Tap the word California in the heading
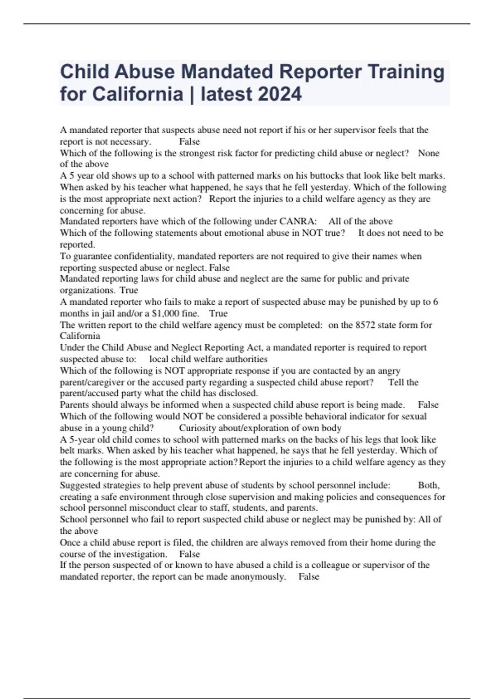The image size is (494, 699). click(137, 94)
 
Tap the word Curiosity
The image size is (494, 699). click(197, 428)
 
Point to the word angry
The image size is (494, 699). click(389, 370)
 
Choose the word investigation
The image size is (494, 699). click(140, 554)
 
